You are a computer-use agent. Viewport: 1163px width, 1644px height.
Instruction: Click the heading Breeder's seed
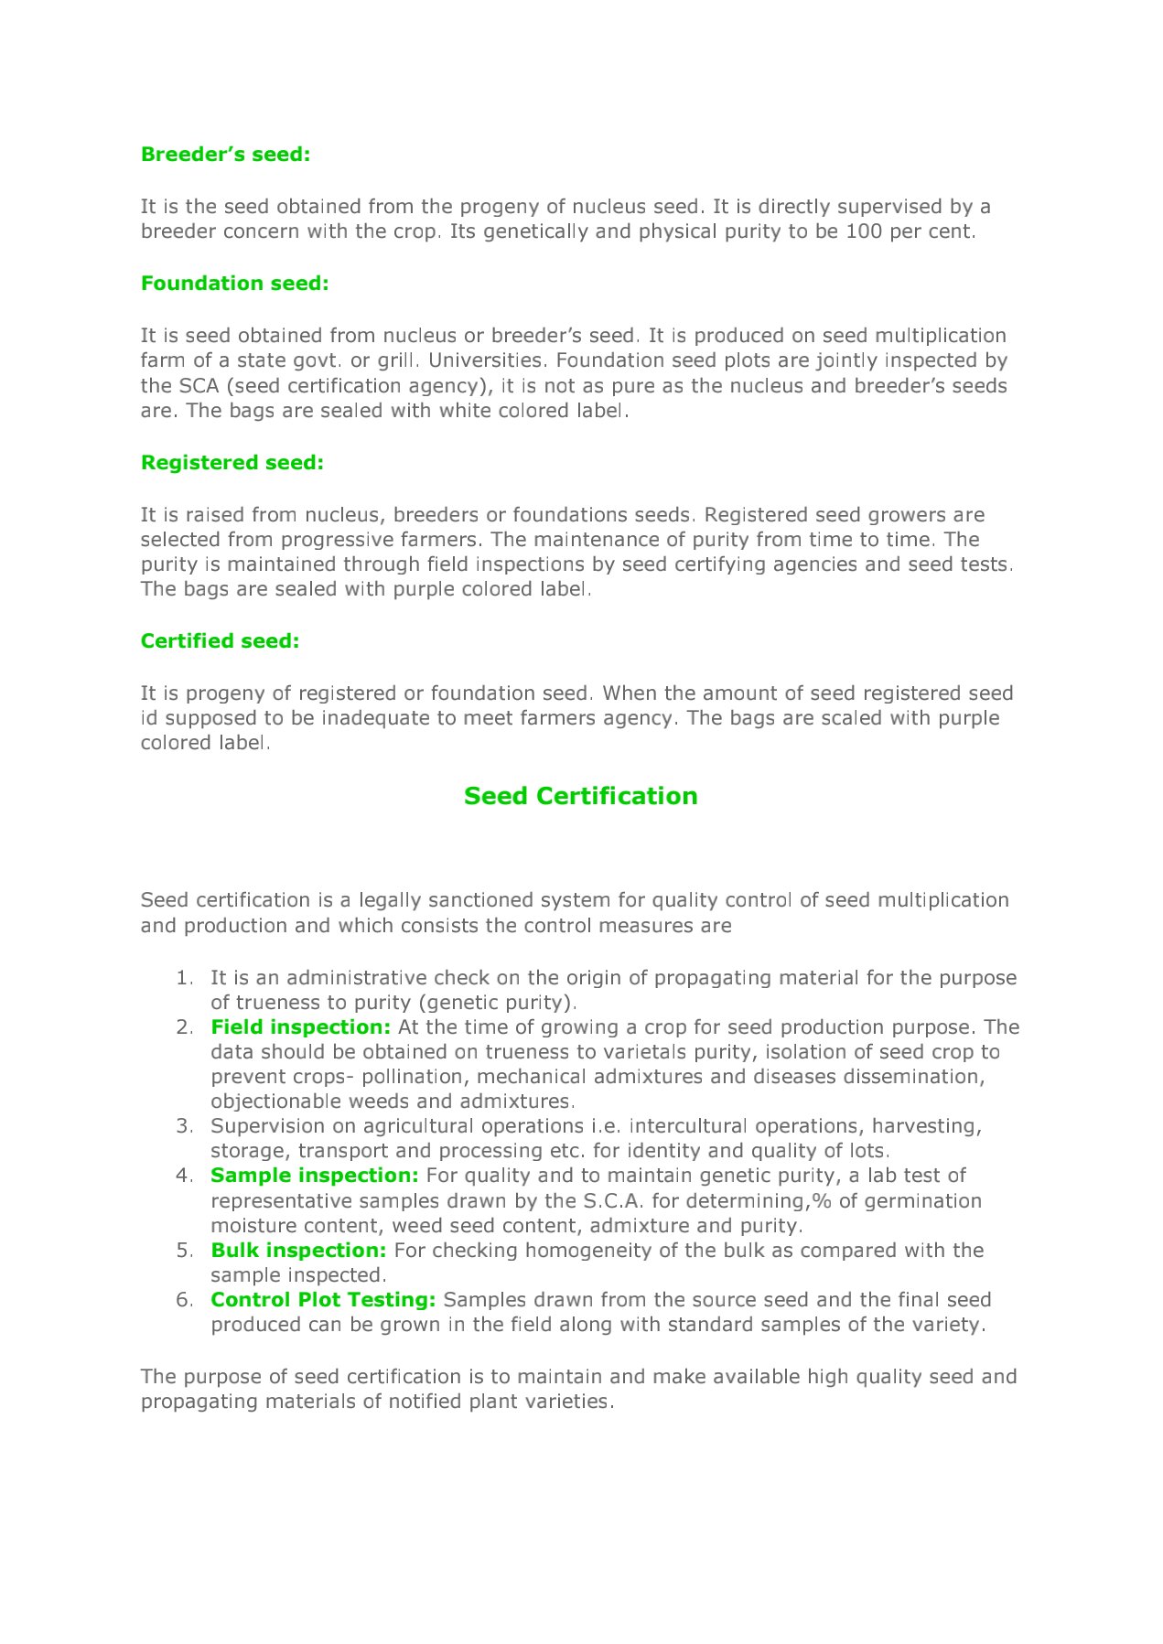[x=225, y=155]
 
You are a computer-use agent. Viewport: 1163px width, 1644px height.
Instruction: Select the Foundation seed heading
[x=234, y=284]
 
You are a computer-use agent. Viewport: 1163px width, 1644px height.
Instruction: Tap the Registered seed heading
[x=232, y=463]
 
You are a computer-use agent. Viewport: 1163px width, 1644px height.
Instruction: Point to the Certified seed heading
[x=220, y=641]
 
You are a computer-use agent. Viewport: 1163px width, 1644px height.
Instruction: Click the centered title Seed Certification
[x=580, y=796]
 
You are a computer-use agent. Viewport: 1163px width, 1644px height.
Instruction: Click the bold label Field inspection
[x=300, y=1027]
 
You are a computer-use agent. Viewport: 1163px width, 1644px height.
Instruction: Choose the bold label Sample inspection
[x=314, y=1176]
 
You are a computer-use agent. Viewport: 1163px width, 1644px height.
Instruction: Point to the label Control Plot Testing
[x=323, y=1300]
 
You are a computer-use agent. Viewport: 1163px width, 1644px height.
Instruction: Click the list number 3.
[x=184, y=1126]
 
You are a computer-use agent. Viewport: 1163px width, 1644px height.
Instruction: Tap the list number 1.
[x=184, y=978]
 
